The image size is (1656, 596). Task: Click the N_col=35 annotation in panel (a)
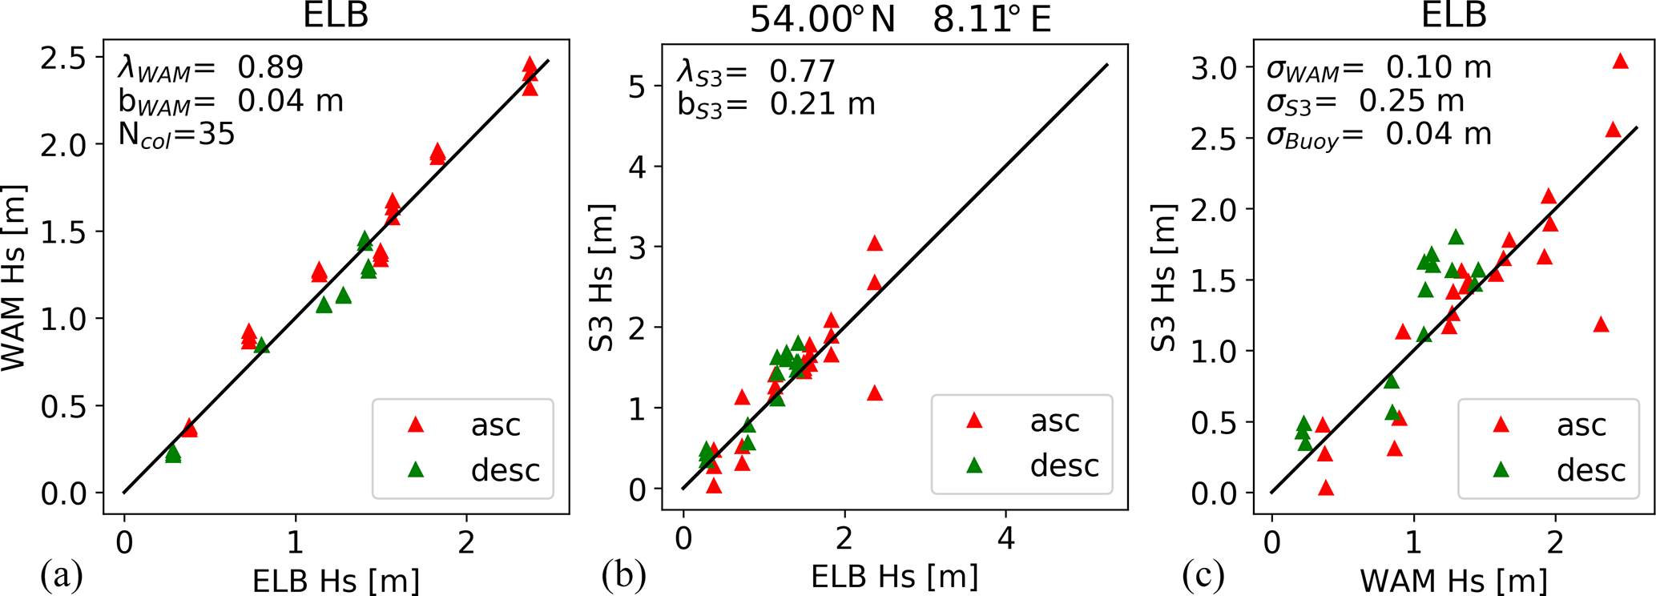(176, 134)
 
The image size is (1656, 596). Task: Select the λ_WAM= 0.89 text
(211, 67)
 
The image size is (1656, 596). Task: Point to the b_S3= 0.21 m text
(776, 105)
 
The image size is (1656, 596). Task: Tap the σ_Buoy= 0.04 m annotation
(1378, 135)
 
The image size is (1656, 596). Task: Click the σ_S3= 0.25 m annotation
(1364, 101)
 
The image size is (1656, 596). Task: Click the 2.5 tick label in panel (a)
(66, 58)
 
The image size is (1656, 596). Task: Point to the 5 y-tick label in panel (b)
(636, 87)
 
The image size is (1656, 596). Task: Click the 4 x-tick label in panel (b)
(1005, 538)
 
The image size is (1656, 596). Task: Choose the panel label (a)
(62, 575)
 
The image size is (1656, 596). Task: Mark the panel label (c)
(1203, 575)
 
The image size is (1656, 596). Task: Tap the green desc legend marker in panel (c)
(1501, 469)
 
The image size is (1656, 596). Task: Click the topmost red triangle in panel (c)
(1620, 62)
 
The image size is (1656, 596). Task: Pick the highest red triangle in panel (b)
(874, 244)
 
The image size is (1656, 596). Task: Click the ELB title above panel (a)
(336, 16)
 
